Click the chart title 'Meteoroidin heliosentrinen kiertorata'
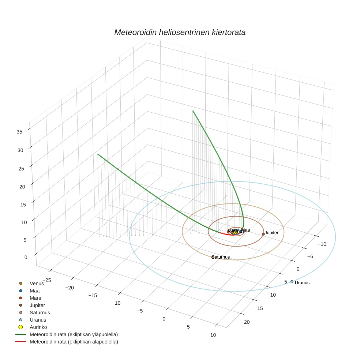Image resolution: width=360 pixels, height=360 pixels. pos(180,32)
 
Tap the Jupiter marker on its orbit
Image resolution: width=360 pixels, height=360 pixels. pos(263,234)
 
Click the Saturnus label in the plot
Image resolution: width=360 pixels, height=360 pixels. pos(221,257)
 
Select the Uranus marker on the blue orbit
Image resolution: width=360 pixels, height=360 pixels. pos(292,281)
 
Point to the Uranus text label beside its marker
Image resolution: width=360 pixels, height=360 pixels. pos(302,283)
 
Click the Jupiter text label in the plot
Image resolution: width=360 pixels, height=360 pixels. pos(272,233)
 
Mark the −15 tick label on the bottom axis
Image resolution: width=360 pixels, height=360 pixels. pos(93,295)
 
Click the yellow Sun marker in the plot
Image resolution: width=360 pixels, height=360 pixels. pos(236,232)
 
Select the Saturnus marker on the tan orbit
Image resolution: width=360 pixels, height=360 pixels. pos(213,257)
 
